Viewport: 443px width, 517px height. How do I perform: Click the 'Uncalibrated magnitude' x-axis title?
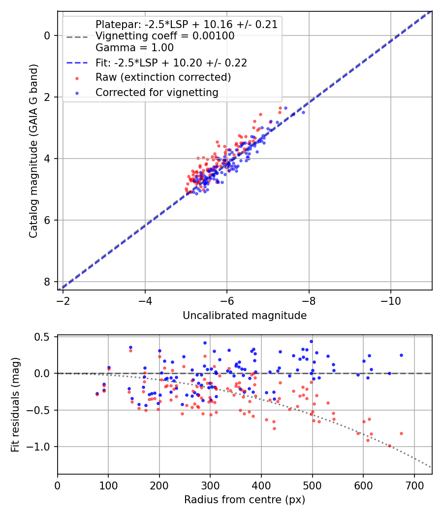[245, 316]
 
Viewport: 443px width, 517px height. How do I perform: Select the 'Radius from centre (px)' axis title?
[245, 500]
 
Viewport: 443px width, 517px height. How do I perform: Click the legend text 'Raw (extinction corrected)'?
[163, 77]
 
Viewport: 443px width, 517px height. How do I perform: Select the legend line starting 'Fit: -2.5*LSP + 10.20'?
[171, 63]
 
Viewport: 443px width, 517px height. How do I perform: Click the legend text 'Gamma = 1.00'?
[134, 48]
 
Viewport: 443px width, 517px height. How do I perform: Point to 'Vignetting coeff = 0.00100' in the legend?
[165, 36]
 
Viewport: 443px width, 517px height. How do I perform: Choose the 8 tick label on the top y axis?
[47, 282]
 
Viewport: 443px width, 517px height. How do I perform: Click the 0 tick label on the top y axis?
[47, 35]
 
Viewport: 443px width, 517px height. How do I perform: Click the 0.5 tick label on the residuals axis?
[44, 337]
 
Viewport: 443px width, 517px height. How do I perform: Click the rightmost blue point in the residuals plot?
[401, 355]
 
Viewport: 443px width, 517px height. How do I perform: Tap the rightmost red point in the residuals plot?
[401, 433]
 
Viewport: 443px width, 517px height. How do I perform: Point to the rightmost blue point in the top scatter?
[303, 112]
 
